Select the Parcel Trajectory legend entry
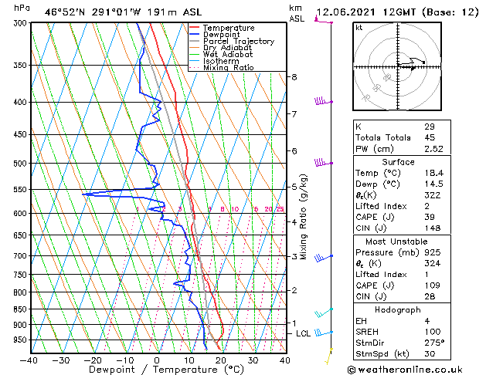238,41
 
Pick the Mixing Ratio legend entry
229,68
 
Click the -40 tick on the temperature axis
29,360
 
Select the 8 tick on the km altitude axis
294,77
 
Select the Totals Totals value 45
430,137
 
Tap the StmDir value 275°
433,343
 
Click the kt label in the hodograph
359,28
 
